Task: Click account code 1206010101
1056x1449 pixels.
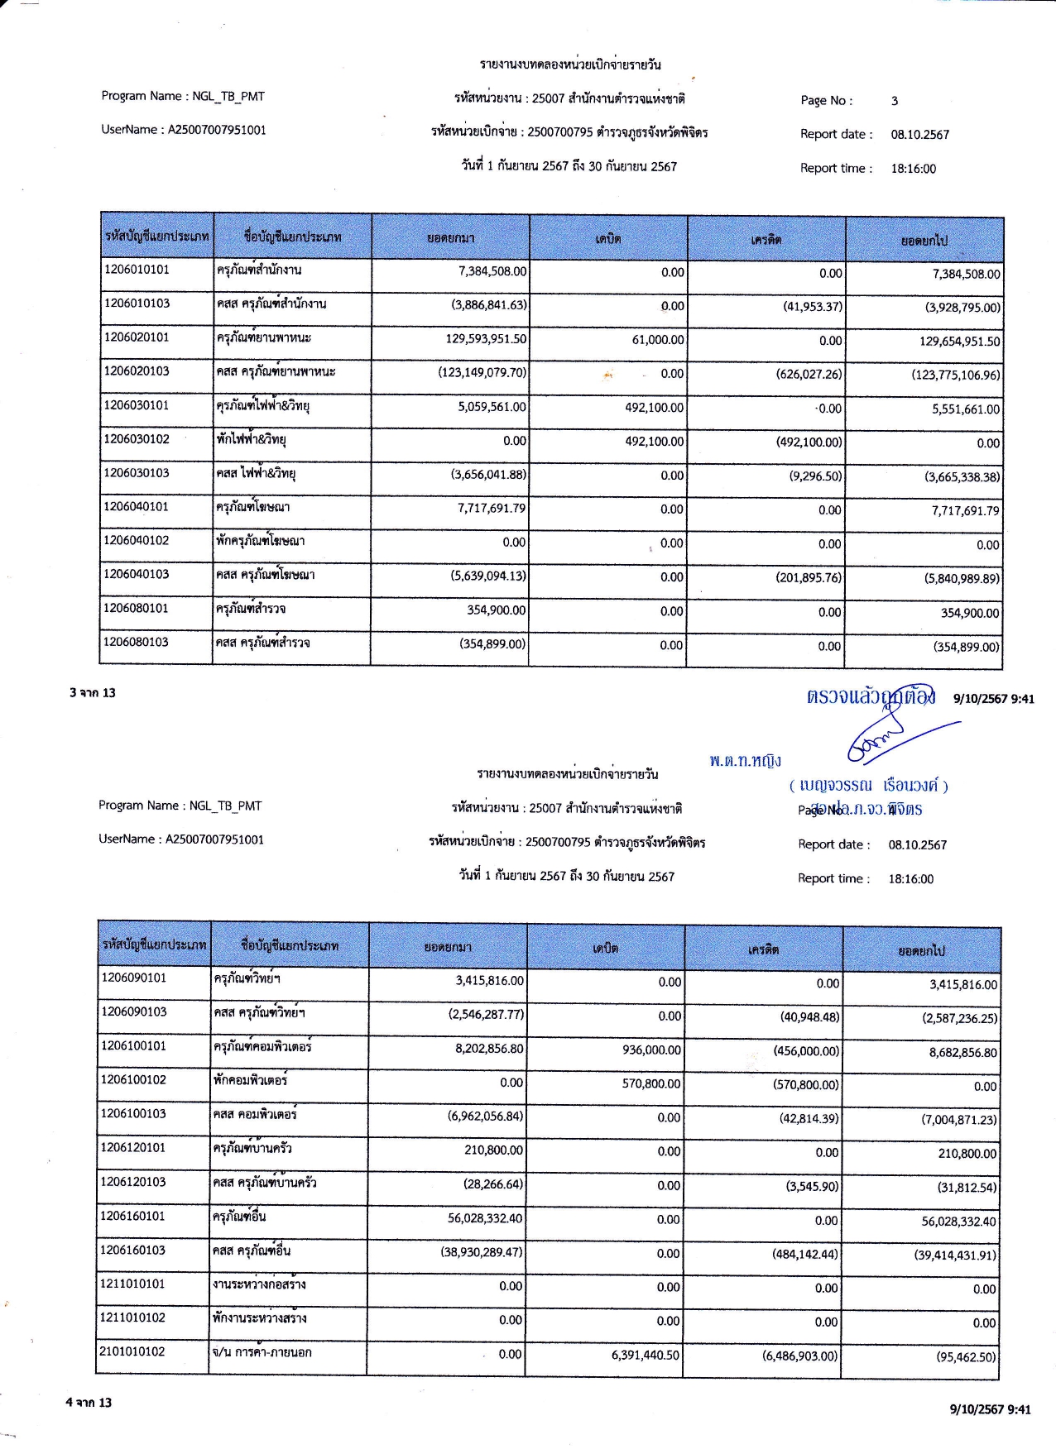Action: [x=137, y=270]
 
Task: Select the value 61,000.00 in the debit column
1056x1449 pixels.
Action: [x=658, y=340]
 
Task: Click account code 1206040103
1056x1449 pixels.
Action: [x=137, y=574]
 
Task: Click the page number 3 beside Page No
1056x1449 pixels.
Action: [x=895, y=101]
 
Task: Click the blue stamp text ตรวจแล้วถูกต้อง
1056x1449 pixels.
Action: [x=871, y=696]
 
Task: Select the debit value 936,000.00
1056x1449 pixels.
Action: [x=651, y=1050]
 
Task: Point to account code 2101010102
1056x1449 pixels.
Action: [x=133, y=1351]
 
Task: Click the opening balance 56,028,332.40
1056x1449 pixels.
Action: [x=485, y=1218]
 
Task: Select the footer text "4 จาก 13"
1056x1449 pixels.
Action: [x=89, y=1402]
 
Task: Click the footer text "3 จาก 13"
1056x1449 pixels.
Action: [x=93, y=692]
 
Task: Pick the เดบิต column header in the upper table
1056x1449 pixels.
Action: [x=608, y=239]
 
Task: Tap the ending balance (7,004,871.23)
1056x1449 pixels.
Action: [x=959, y=1120]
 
